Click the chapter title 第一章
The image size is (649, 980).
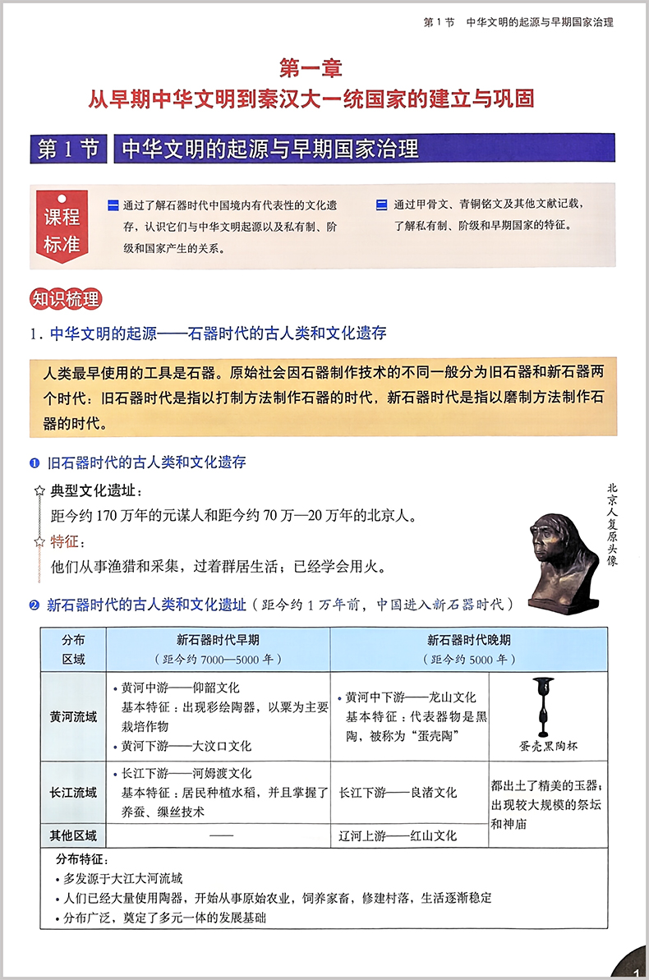pyautogui.click(x=311, y=69)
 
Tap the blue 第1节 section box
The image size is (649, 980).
pyautogui.click(x=70, y=149)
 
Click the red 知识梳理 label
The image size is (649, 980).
pyautogui.click(x=65, y=298)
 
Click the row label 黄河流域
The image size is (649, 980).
pyautogui.click(x=73, y=716)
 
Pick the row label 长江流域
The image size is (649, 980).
pyautogui.click(x=73, y=793)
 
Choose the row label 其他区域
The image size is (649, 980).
pyautogui.click(x=73, y=835)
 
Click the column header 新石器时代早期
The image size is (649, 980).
pyautogui.click(x=218, y=641)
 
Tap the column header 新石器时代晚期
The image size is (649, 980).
pyautogui.click(x=469, y=641)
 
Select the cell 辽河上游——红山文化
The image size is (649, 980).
pyautogui.click(x=398, y=836)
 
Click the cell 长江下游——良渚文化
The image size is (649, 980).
pyautogui.click(x=398, y=793)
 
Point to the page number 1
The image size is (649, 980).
pyautogui.click(x=636, y=972)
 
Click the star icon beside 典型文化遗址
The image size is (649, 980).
pyautogui.click(x=39, y=491)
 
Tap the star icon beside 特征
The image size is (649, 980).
pyautogui.click(x=39, y=541)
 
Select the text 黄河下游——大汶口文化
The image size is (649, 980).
pyautogui.click(x=186, y=747)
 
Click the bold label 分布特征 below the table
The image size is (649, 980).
pyautogui.click(x=81, y=859)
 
